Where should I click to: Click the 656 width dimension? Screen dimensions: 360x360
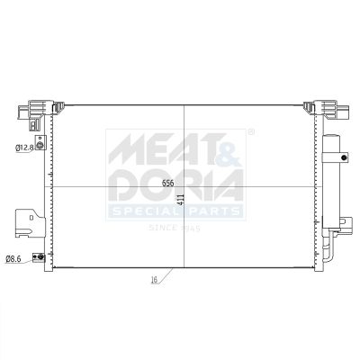click(x=168, y=184)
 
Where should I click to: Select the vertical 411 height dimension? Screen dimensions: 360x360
click(x=180, y=200)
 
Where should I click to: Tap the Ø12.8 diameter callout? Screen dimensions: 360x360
click(x=24, y=148)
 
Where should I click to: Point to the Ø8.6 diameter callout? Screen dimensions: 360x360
click(x=13, y=259)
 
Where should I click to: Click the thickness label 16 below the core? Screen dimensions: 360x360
click(x=154, y=280)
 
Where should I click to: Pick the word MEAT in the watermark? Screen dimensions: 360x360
click(x=167, y=148)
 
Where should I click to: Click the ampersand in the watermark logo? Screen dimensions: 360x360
click(x=230, y=151)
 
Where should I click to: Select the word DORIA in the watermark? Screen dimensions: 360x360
click(x=175, y=185)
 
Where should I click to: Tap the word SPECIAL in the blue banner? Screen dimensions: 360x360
click(x=147, y=211)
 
